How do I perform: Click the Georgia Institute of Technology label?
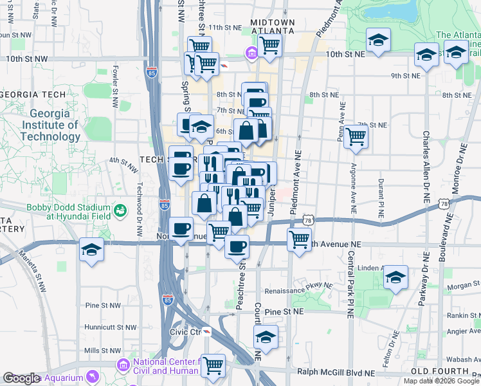click(50, 125)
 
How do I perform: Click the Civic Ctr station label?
click(185, 333)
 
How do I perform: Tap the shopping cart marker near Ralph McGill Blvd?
click(213, 365)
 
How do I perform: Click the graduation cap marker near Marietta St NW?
click(92, 250)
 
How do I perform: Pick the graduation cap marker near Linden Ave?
click(395, 277)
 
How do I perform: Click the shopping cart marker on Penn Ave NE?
click(356, 136)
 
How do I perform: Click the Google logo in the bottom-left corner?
click(21, 378)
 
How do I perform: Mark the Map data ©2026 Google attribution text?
click(440, 381)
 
